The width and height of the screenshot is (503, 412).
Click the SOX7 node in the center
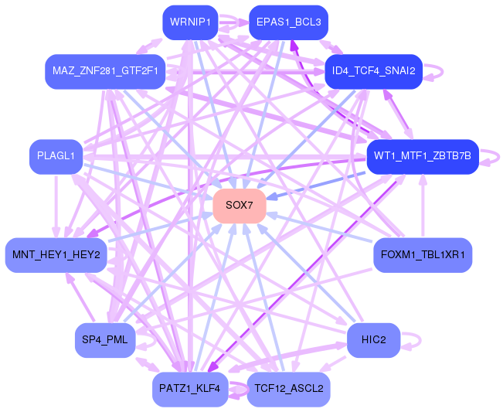pos(240,206)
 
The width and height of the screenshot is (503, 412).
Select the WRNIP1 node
pos(190,22)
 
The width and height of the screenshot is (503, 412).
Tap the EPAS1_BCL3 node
pos(288,22)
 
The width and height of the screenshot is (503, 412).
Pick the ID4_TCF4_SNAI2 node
pos(374,72)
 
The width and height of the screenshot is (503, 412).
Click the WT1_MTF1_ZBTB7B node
pos(423,157)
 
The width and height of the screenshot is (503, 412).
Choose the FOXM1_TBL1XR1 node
pos(423,255)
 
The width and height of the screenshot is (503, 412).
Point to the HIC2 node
pos(374,340)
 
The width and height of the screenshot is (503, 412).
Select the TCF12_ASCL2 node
pos(288,390)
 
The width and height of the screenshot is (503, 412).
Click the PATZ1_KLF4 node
pos(190,390)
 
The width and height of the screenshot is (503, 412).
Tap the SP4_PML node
pos(105,340)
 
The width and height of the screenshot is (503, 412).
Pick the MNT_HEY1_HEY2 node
pos(56,255)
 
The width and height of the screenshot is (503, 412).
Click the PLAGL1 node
pos(56,157)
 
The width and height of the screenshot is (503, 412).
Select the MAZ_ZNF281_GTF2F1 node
pos(105,72)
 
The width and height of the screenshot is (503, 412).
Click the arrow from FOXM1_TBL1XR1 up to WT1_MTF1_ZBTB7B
pos(423,206)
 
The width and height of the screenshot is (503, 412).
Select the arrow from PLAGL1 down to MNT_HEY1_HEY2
pos(56,206)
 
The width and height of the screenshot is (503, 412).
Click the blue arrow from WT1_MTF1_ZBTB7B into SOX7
pos(316,186)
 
